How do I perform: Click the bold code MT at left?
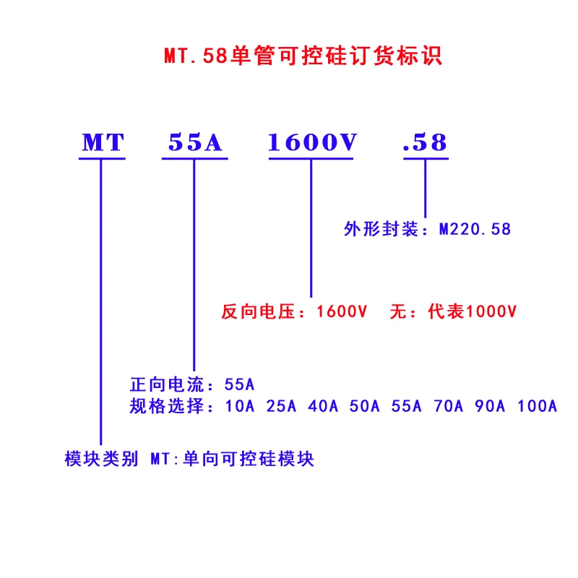103,143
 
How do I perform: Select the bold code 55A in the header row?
194,143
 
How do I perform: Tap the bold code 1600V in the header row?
312,143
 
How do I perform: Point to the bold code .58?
426,143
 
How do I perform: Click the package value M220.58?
475,230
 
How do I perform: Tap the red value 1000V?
492,312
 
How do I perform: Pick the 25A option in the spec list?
282,406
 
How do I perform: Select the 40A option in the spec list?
323,406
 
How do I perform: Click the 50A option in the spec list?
365,406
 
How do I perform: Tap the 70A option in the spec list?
448,406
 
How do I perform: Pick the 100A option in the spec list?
537,406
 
